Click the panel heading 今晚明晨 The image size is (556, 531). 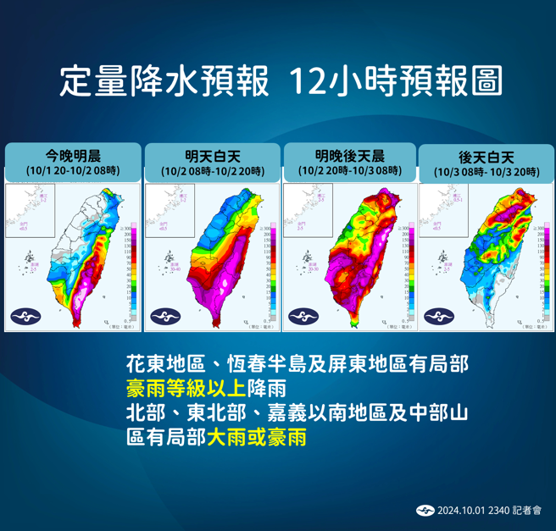click(x=72, y=155)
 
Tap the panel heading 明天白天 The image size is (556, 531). click(x=211, y=155)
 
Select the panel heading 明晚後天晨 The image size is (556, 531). click(x=350, y=155)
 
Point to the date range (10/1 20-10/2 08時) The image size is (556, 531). click(x=72, y=171)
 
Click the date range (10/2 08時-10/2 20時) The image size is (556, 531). click(x=211, y=171)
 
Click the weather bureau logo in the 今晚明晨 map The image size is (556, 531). click(x=25, y=316)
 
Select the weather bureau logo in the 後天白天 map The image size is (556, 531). click(x=439, y=316)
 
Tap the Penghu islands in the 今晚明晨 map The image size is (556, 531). click(x=31, y=257)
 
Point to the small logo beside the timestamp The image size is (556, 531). click(x=425, y=510)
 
